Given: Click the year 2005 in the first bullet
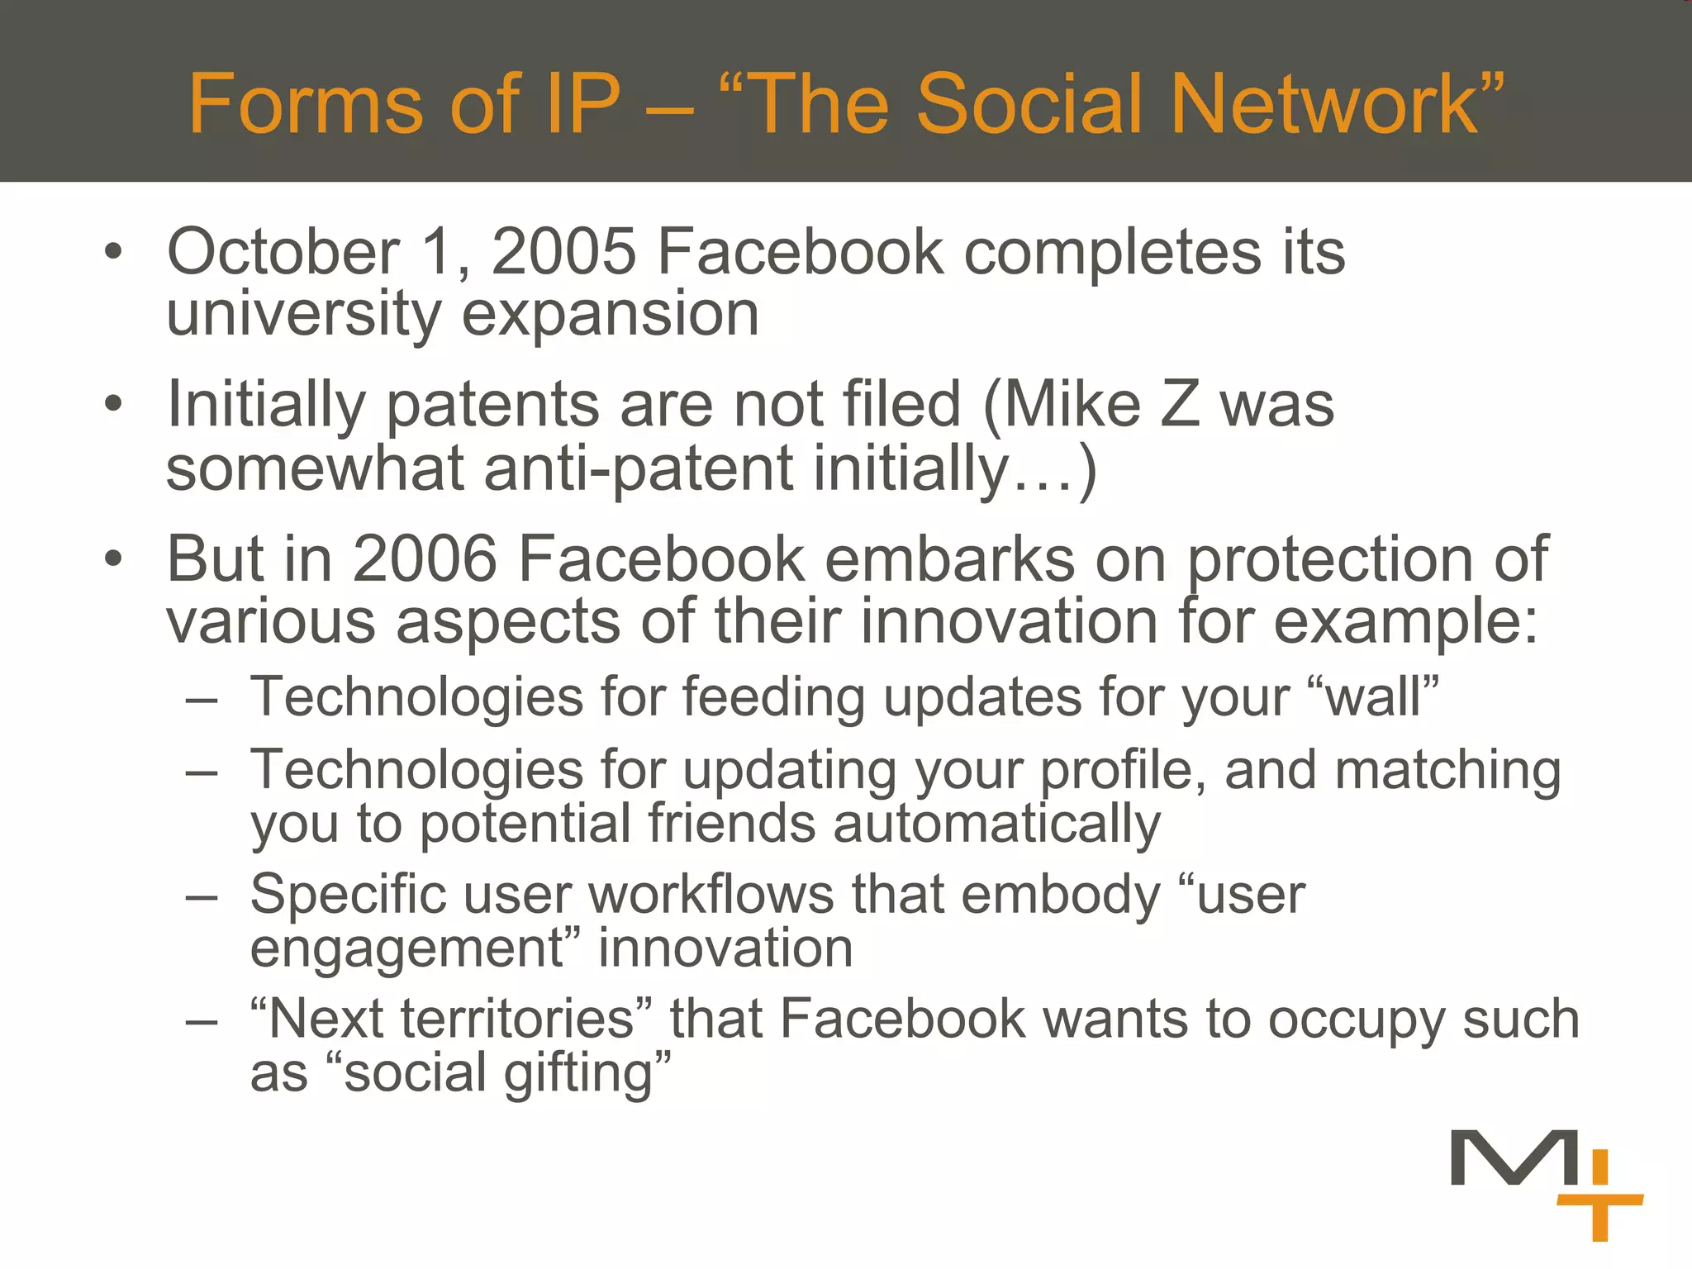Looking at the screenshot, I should pos(563,252).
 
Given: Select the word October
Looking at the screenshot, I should pos(283,252).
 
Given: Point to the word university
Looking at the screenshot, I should pos(304,316).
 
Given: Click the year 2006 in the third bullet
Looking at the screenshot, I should pos(425,559).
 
